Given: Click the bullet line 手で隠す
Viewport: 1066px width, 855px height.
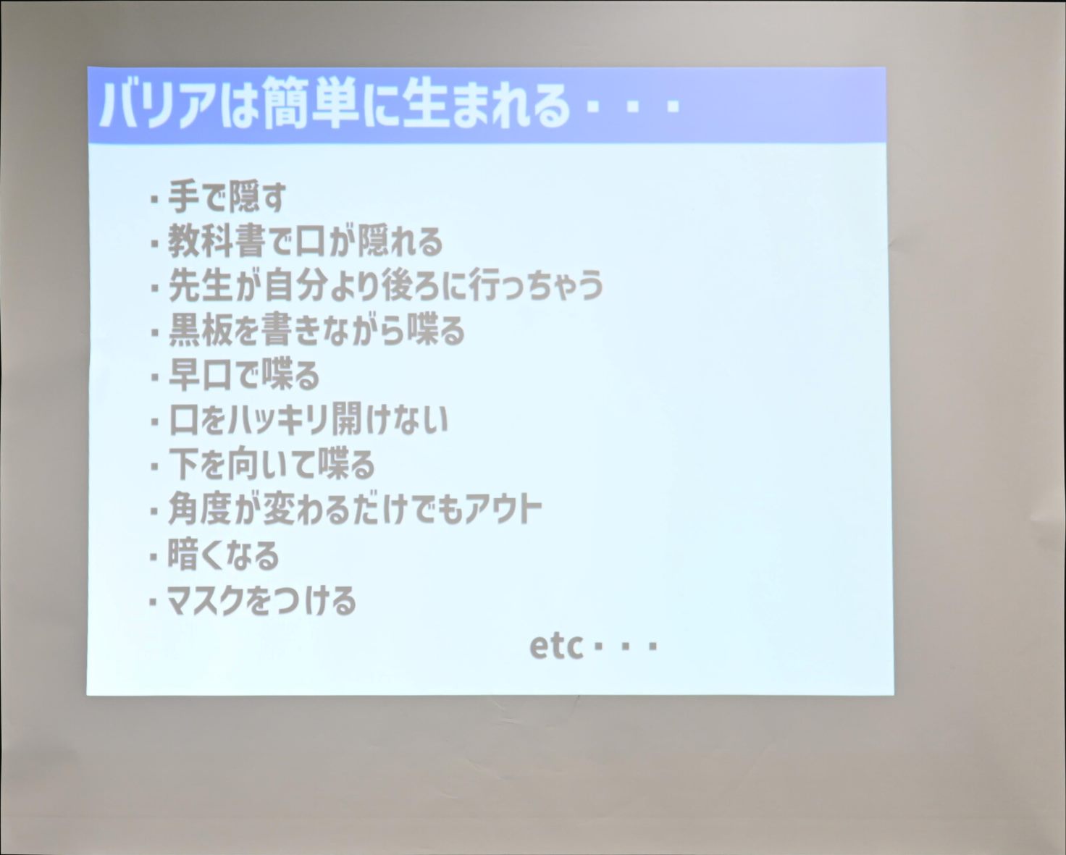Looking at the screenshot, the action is click(x=227, y=197).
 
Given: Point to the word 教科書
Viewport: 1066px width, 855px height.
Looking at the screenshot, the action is click(x=215, y=241).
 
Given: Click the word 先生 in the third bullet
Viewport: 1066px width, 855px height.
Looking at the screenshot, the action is click(x=200, y=286).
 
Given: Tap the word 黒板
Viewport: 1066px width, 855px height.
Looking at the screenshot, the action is click(x=200, y=330).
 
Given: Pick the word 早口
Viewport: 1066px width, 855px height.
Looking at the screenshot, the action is click(x=200, y=375).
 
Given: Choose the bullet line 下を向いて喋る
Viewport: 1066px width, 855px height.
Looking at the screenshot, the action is click(x=272, y=464).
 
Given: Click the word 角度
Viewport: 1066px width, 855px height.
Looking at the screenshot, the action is click(x=200, y=509).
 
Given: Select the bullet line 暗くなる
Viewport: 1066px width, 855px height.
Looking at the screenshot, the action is click(x=223, y=554).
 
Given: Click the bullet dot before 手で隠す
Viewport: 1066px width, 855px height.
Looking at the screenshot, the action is click(x=154, y=200).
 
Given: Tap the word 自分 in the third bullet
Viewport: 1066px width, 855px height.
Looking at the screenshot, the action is click(x=296, y=286).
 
